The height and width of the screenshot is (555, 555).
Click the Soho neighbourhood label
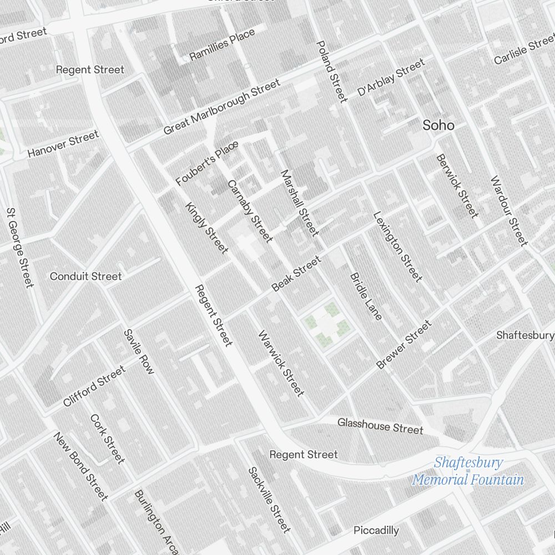[438, 125]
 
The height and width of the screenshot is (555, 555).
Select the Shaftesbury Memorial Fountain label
[468, 471]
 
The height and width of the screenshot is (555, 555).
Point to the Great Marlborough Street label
[221, 107]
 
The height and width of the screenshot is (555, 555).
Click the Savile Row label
[139, 352]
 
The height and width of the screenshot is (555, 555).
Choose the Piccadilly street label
[376, 531]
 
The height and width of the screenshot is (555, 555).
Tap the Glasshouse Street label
[380, 426]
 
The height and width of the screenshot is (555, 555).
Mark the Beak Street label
[296, 273]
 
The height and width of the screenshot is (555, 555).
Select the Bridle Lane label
[366, 296]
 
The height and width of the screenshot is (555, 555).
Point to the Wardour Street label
[508, 210]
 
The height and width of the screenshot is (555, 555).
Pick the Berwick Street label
[457, 186]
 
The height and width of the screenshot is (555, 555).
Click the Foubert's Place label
[207, 163]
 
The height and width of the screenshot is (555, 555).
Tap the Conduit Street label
[85, 276]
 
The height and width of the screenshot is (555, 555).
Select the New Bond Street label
[80, 466]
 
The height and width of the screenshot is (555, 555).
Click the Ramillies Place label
[222, 45]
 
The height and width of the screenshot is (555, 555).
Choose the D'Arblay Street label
[391, 77]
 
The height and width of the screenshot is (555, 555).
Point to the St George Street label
[20, 248]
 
